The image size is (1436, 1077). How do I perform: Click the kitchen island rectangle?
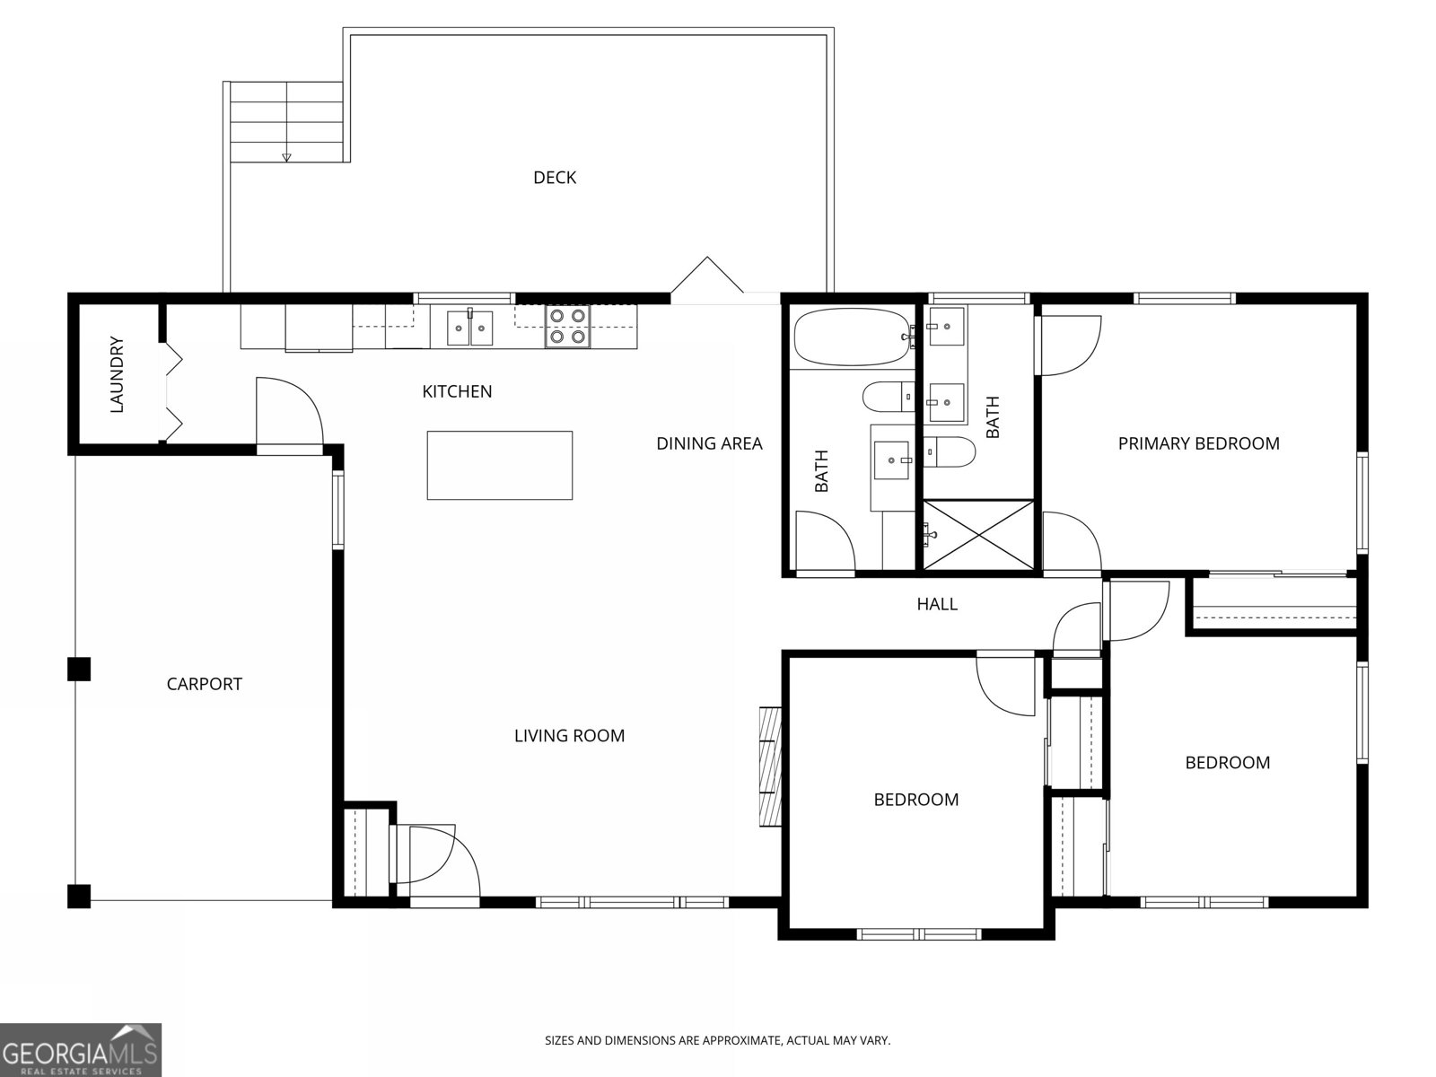click(499, 465)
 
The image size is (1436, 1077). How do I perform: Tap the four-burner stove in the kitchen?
click(567, 327)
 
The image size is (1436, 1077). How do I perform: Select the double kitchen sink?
click(472, 327)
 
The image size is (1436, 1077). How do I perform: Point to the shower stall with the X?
click(978, 535)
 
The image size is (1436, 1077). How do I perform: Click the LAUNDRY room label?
click(117, 375)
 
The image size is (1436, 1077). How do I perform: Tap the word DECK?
click(555, 178)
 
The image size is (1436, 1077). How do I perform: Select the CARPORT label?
click(205, 684)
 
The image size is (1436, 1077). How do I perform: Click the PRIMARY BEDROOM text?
click(1198, 443)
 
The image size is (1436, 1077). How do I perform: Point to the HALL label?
click(936, 604)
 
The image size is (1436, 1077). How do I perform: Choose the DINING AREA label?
click(709, 443)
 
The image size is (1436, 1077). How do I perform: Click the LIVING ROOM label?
click(569, 736)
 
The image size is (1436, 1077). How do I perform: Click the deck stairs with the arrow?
click(286, 121)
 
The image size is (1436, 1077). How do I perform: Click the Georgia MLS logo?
click(81, 1049)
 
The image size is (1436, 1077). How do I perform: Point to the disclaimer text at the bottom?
click(717, 1041)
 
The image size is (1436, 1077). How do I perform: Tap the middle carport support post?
click(79, 670)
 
